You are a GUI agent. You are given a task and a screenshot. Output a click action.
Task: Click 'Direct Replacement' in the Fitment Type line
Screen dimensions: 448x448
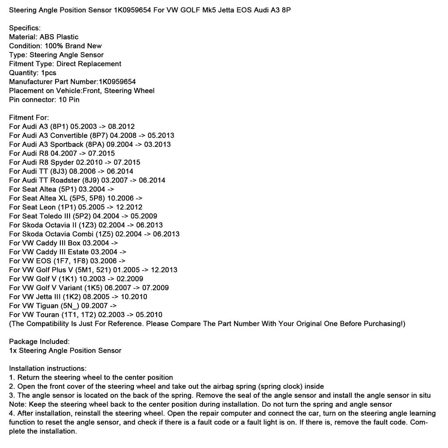point(89,64)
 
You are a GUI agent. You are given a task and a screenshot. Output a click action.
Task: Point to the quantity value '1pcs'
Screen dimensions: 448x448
point(49,73)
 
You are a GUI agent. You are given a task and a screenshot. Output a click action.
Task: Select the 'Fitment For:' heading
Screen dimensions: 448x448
point(29,117)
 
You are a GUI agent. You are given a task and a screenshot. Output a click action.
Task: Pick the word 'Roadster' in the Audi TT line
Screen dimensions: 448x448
point(66,180)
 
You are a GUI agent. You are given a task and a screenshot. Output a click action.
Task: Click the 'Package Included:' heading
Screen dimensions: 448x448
point(39,341)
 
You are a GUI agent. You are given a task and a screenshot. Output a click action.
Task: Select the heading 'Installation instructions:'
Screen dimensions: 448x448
point(48,368)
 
